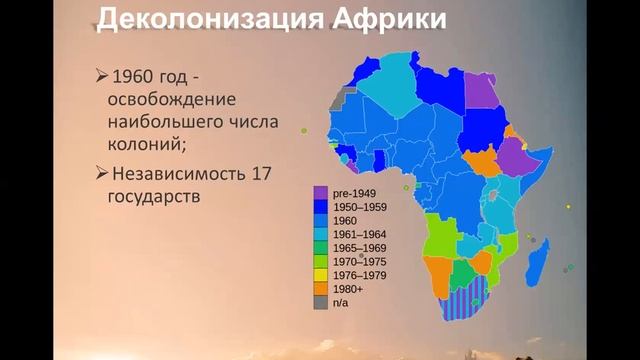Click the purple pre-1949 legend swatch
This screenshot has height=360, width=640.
320,193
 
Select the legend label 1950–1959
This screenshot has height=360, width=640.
359,206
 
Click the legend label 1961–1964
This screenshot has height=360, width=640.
359,233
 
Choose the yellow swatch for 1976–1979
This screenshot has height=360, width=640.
320,274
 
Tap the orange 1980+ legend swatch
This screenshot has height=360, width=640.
320,287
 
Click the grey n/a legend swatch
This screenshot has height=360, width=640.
320,301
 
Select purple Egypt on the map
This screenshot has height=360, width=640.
481,89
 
